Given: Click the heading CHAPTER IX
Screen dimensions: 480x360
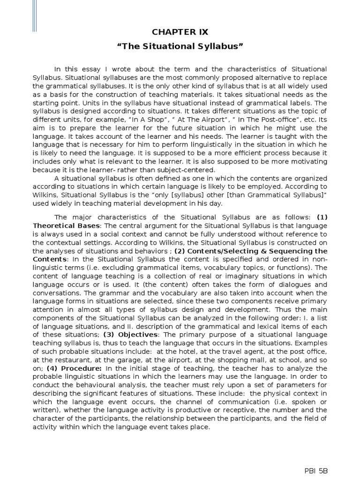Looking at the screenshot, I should point(180,32).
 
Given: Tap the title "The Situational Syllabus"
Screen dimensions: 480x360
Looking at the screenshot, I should point(180,47).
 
